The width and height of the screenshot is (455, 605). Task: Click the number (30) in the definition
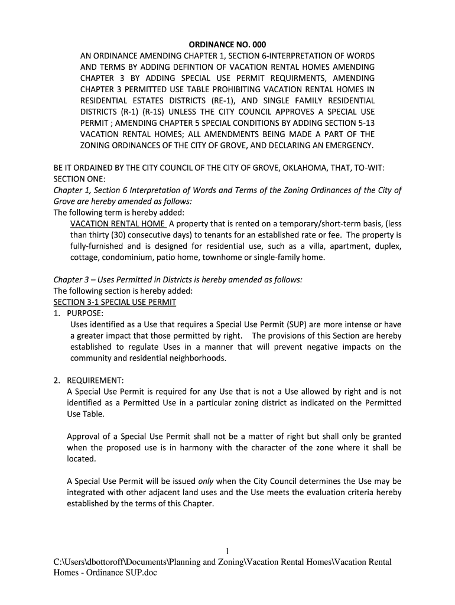(x=125, y=235)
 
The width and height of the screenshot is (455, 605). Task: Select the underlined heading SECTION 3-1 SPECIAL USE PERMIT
(x=115, y=302)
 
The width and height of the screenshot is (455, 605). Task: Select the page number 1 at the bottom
(x=227, y=552)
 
